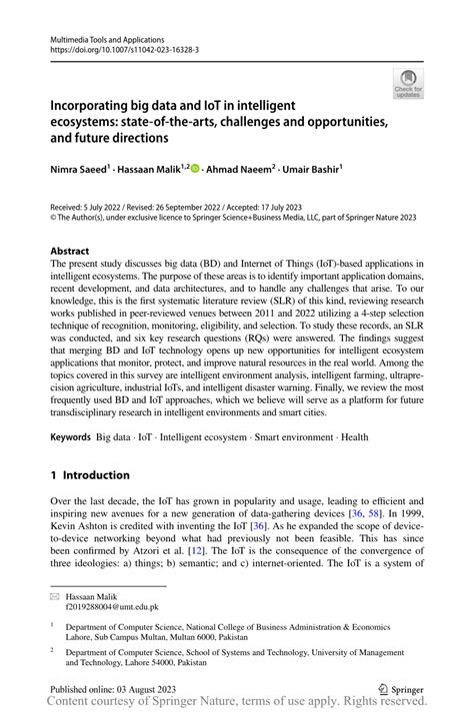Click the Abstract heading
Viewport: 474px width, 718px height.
click(x=74, y=250)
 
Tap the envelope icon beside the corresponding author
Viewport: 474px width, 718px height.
click(x=55, y=595)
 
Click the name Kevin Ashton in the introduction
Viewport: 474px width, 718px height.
click(x=83, y=524)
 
